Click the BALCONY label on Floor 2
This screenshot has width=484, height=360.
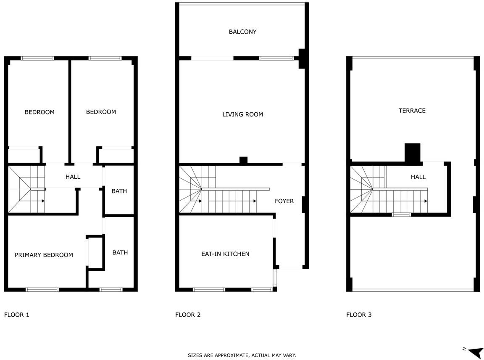pos(242,32)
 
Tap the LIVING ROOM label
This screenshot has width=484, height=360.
pos(242,114)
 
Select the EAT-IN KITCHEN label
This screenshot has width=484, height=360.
pos(225,254)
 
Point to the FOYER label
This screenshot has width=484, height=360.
pos(284,201)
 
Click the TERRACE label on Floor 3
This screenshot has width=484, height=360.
pos(412,111)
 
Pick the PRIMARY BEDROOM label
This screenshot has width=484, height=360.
pos(44,255)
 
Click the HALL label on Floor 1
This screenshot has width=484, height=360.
pos(73,177)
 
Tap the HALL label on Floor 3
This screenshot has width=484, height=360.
pos(418,177)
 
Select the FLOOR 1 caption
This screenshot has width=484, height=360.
pos(17,315)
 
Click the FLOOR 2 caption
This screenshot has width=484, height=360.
pos(188,315)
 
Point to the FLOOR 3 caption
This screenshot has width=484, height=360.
pos(359,315)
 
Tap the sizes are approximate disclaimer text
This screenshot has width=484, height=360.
pos(242,355)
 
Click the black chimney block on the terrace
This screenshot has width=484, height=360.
pos(413,153)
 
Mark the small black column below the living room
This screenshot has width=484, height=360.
pos(244,160)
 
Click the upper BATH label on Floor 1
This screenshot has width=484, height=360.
pos(119,191)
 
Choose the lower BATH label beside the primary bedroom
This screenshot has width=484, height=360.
pos(120,253)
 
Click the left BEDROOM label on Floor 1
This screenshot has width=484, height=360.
pos(39,112)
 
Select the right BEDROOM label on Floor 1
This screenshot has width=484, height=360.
pos(101,112)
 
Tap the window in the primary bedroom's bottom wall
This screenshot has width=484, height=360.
pos(42,290)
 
